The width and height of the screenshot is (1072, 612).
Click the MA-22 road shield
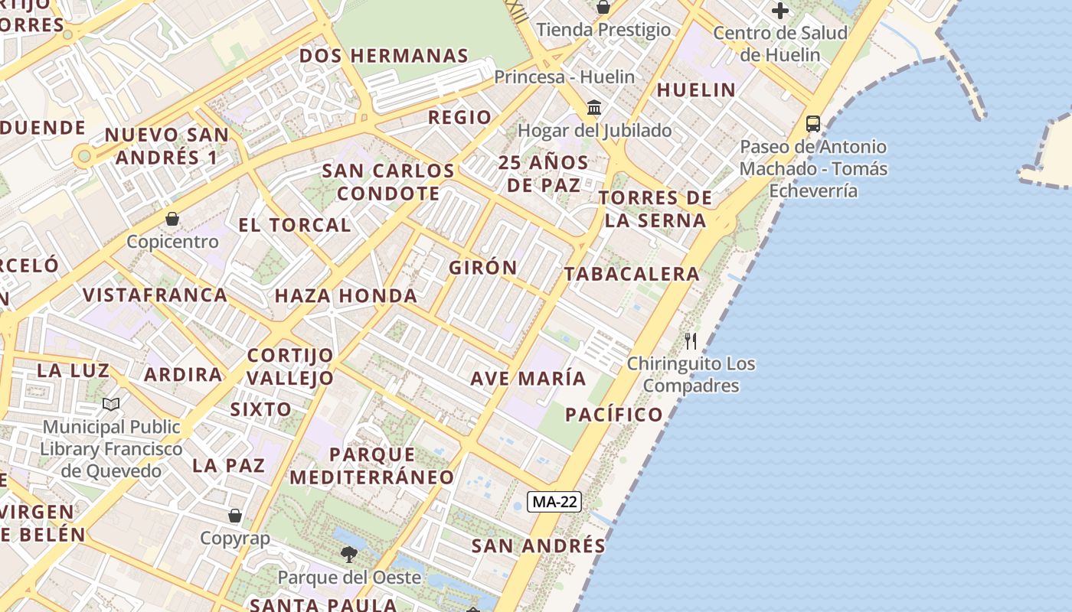(554, 502)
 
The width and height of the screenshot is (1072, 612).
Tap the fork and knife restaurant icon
(691, 340)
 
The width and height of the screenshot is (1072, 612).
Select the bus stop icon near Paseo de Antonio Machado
(813, 124)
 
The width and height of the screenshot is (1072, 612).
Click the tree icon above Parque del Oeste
(349, 554)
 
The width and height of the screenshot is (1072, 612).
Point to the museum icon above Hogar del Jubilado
(594, 107)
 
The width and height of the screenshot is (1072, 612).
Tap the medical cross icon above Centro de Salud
(780, 11)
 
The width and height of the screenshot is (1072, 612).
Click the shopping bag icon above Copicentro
(172, 219)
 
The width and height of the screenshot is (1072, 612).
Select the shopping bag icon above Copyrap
(235, 516)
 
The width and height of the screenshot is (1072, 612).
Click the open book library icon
(111, 404)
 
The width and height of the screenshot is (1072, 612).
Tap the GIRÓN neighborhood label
(483, 268)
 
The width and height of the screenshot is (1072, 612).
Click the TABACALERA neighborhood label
(632, 274)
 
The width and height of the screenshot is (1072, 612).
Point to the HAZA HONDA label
(346, 295)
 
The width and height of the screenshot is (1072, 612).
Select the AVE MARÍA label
(528, 378)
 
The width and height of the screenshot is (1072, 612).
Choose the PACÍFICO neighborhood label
(614, 415)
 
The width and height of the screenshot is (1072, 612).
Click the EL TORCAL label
(294, 225)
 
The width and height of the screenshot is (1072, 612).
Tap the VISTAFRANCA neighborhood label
(155, 295)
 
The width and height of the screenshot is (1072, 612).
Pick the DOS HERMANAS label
(384, 56)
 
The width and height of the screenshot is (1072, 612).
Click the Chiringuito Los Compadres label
(691, 374)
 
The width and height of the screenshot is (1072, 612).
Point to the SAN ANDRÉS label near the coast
(538, 545)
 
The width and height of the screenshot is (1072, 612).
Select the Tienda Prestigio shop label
(603, 30)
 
